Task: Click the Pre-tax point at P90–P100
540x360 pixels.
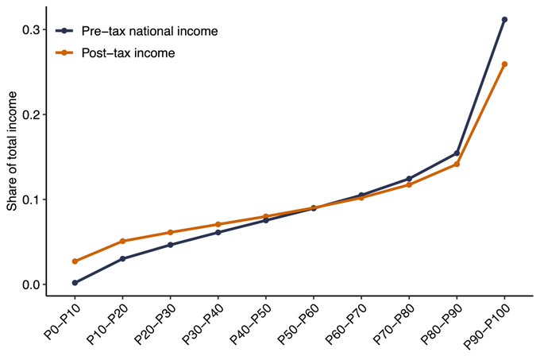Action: coord(504,19)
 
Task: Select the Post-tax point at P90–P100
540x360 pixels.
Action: coord(504,64)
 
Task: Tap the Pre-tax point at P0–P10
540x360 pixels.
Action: coord(75,282)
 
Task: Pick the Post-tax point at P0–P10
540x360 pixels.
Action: coord(75,261)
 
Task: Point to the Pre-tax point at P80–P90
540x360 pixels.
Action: coord(457,153)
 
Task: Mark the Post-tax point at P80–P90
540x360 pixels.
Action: coord(457,164)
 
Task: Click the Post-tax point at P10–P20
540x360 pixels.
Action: coord(122,241)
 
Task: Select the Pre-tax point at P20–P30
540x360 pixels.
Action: coord(170,245)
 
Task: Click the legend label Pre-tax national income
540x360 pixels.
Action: coord(150,32)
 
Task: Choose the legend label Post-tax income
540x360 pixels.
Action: coord(129,53)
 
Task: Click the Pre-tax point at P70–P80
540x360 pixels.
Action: coord(409,179)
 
